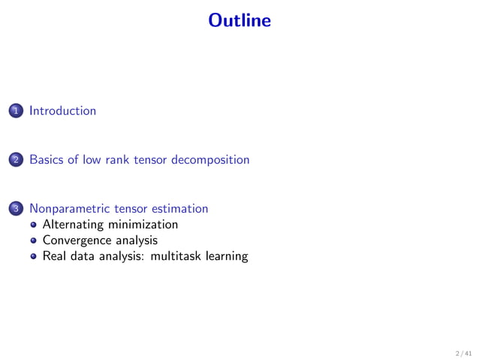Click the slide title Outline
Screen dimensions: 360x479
pos(239,20)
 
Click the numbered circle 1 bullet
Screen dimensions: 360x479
pos(15,111)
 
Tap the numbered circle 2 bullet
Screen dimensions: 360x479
pos(15,160)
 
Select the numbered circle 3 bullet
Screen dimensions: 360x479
pos(15,209)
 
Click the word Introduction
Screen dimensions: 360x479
pos(62,111)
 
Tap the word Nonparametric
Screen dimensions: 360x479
pos(71,208)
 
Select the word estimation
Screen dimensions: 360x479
pos(181,208)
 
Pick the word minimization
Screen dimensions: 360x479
pos(142,225)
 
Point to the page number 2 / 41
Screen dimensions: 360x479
pos(463,352)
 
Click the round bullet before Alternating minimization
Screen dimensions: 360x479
pos(33,225)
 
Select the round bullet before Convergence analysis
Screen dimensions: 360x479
pos(33,241)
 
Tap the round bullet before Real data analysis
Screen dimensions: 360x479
pos(33,257)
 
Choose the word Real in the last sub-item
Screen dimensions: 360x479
pos(55,256)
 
